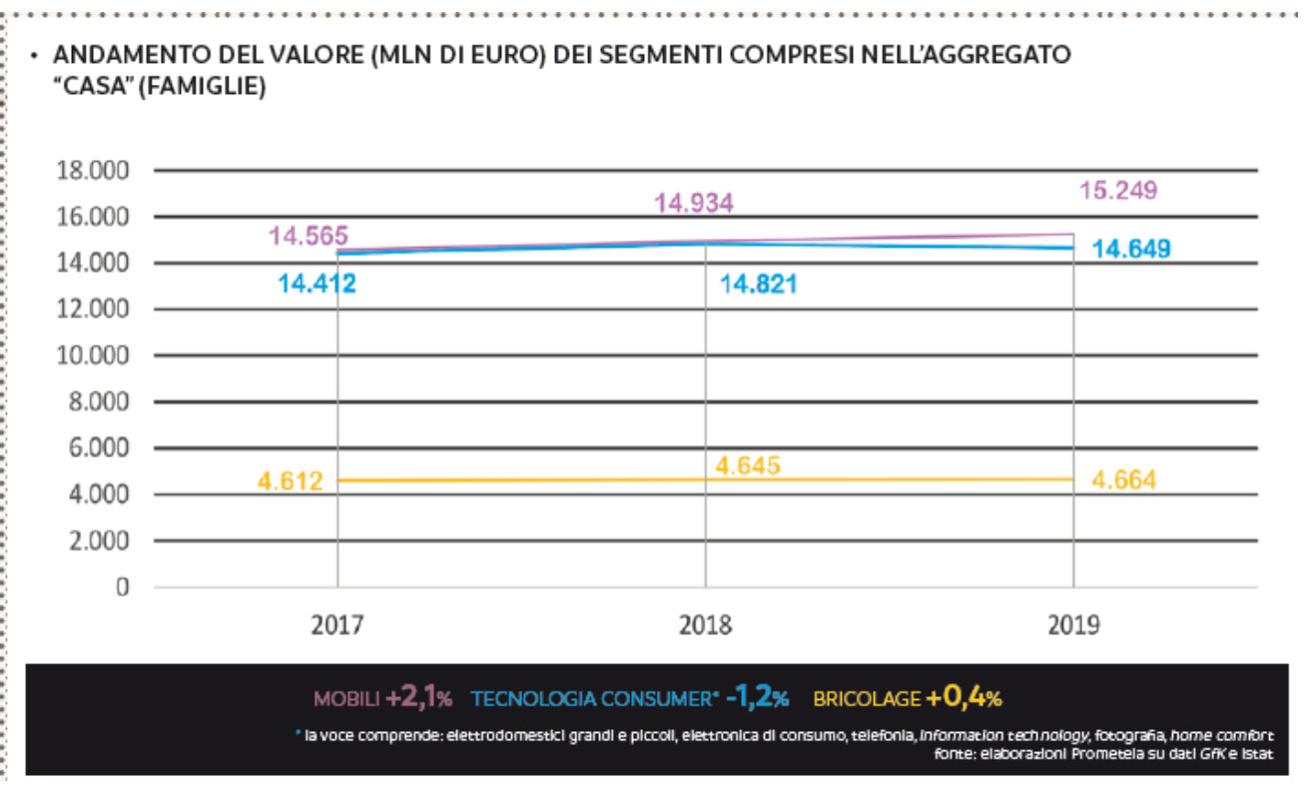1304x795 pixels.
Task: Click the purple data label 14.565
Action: tap(308, 237)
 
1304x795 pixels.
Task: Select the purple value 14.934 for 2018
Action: tap(694, 204)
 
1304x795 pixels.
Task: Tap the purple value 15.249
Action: tap(1116, 190)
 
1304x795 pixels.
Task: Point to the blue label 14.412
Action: tap(317, 285)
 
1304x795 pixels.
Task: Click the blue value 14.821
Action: tap(759, 285)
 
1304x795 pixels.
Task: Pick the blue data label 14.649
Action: tap(1130, 249)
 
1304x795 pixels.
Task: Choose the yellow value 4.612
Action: tap(291, 481)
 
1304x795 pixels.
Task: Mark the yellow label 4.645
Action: tap(748, 465)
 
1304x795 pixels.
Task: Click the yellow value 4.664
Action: tap(1124, 480)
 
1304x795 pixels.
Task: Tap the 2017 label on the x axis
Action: tap(337, 626)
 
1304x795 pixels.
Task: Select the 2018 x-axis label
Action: tap(705, 626)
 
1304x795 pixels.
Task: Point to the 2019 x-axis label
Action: tap(1073, 626)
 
